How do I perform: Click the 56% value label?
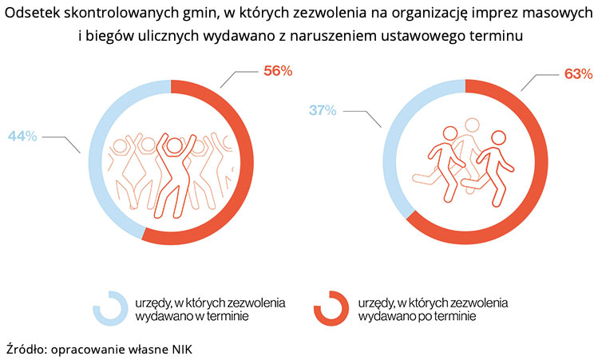278,70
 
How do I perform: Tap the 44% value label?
22,136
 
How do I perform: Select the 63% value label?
577,73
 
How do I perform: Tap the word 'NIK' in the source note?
181,349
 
